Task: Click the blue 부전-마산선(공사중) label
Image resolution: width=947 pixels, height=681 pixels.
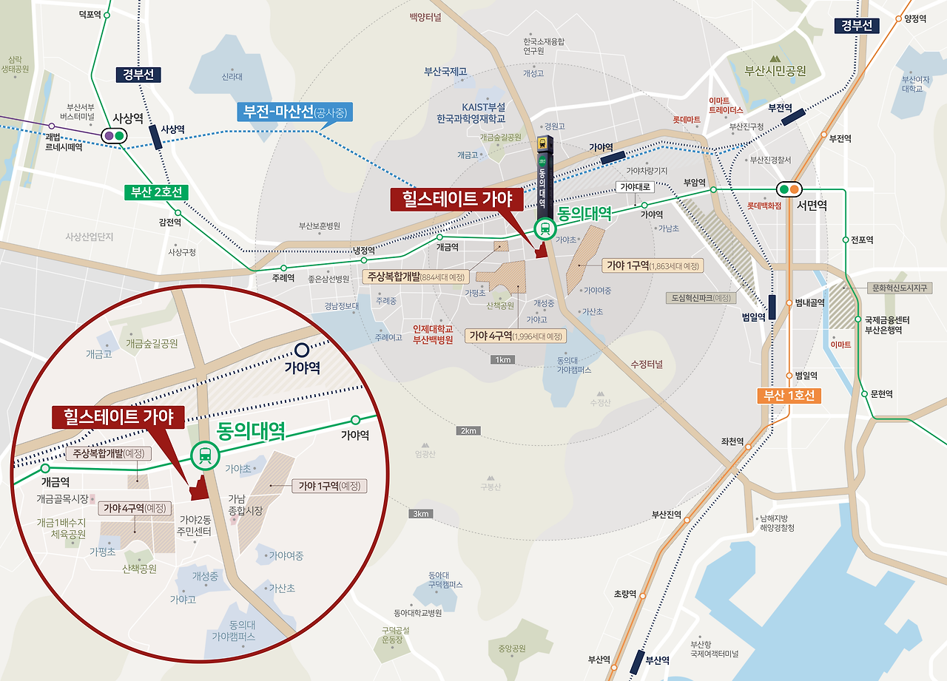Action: point(294,112)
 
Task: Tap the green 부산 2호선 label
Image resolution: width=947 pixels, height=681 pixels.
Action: point(155,192)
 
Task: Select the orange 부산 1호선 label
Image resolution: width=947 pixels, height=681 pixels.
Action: point(789,396)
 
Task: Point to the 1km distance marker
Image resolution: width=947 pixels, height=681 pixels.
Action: point(503,360)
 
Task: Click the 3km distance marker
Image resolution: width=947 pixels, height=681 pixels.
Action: point(421,514)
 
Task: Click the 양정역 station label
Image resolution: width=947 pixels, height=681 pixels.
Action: point(915,19)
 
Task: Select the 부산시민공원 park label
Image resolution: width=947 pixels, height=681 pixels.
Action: point(775,71)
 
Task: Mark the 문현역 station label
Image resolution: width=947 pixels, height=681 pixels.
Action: point(882,394)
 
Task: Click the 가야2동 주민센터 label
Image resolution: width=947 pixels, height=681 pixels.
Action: point(195,525)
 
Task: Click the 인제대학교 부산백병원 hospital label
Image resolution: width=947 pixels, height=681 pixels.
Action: point(433,335)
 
